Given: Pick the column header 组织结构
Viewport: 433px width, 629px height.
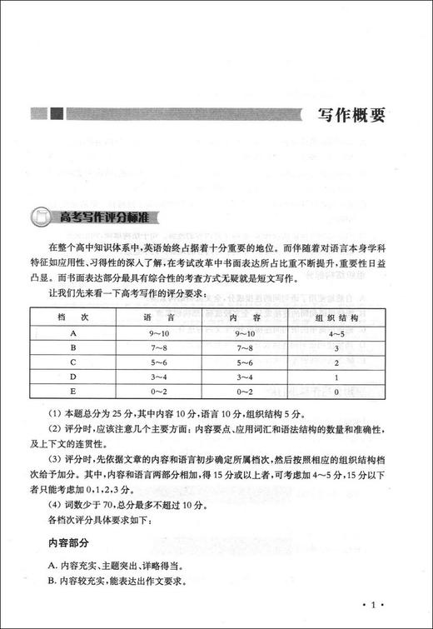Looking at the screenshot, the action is coord(338,317).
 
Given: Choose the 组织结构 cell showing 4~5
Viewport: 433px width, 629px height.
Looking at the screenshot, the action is coord(338,333).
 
